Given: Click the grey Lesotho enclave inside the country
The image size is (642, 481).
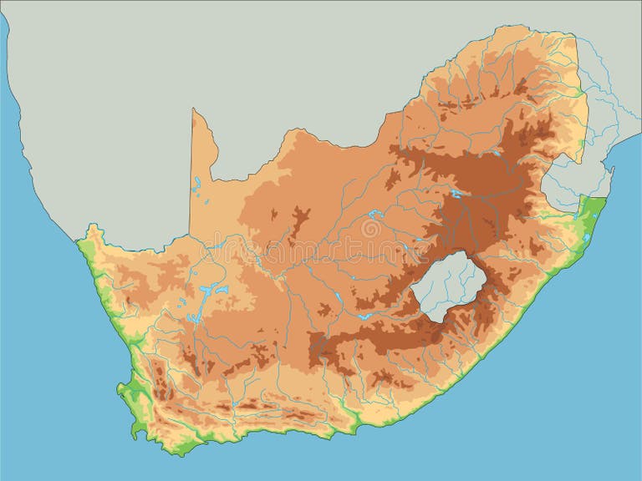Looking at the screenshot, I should [446, 286].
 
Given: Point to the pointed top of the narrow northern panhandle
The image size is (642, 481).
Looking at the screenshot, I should [194, 111].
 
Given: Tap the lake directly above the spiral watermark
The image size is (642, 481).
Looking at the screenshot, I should [373, 215].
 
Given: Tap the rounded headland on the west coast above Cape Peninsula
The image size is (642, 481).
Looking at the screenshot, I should [124, 389].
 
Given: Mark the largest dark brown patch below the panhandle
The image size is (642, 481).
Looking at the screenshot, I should [297, 221].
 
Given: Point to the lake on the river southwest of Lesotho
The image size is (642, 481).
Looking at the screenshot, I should [363, 316].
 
